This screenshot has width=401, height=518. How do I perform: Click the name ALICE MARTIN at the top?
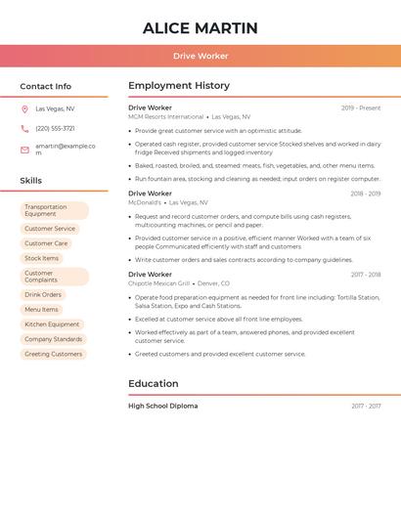pyautogui.click(x=200, y=28)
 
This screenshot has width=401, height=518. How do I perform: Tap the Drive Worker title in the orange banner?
pyautogui.click(x=200, y=56)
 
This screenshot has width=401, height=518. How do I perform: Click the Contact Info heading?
pyautogui.click(x=46, y=86)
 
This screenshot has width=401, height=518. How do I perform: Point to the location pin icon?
pyautogui.click(x=24, y=108)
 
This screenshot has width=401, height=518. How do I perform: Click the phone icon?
pyautogui.click(x=24, y=128)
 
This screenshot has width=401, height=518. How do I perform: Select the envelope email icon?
pyautogui.click(x=24, y=150)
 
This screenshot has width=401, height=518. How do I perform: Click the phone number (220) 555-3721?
pyautogui.click(x=55, y=128)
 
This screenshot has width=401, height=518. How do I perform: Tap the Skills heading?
pyautogui.click(x=31, y=181)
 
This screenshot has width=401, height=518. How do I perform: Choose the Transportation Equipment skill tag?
pyautogui.click(x=54, y=210)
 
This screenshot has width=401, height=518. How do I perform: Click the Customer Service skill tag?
pyautogui.click(x=50, y=229)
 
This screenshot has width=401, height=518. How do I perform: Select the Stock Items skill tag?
pyautogui.click(x=42, y=258)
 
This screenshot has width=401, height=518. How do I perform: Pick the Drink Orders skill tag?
pyautogui.click(x=43, y=294)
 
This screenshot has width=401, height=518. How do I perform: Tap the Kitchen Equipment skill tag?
pyautogui.click(x=52, y=324)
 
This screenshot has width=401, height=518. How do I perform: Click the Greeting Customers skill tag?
pyautogui.click(x=54, y=354)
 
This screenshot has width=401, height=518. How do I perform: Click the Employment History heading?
pyautogui.click(x=179, y=86)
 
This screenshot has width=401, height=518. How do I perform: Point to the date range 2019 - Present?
pyautogui.click(x=360, y=108)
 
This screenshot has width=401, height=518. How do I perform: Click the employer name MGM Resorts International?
pyautogui.click(x=166, y=116)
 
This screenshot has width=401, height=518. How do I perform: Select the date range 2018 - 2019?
pyautogui.click(x=365, y=194)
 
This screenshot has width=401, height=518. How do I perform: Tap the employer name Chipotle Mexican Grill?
pyautogui.click(x=158, y=283)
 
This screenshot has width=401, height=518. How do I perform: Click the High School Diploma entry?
pyautogui.click(x=162, y=406)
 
